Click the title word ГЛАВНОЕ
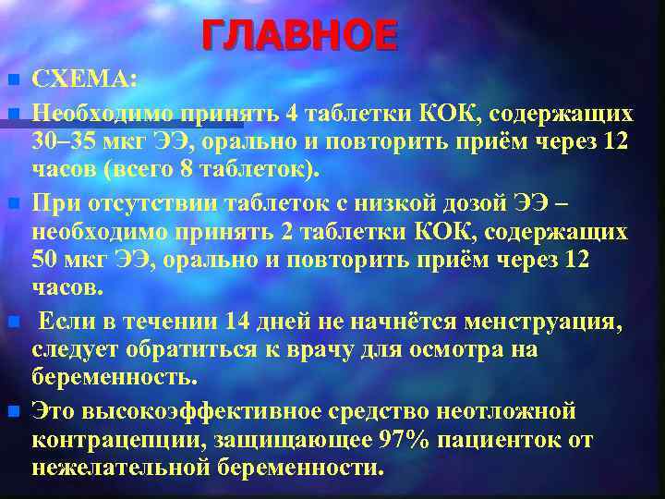[x=299, y=36]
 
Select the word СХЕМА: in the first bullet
[x=85, y=80]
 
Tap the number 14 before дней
[x=235, y=321]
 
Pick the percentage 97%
[x=405, y=439]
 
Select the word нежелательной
[x=120, y=468]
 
